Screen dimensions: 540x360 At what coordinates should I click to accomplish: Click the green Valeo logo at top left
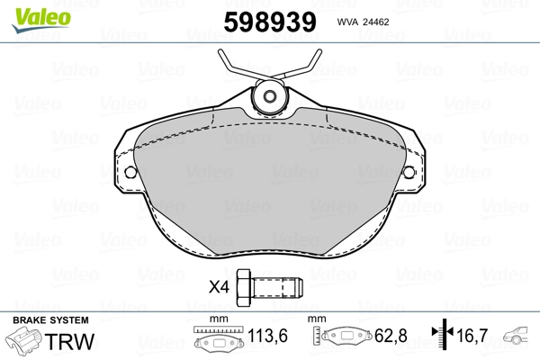[41, 20]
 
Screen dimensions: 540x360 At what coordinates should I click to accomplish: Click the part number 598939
[270, 22]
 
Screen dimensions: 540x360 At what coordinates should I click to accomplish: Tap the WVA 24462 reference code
[363, 22]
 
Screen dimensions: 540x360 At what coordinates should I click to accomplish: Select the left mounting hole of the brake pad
[130, 172]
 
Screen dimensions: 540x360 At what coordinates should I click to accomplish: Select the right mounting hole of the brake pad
[409, 172]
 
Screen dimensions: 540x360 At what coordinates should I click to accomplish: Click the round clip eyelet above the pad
[270, 96]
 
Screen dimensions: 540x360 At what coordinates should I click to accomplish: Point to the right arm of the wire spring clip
[300, 66]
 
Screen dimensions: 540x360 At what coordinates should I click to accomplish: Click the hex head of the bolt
[245, 288]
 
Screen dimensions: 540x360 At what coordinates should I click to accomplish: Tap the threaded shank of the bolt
[278, 288]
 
